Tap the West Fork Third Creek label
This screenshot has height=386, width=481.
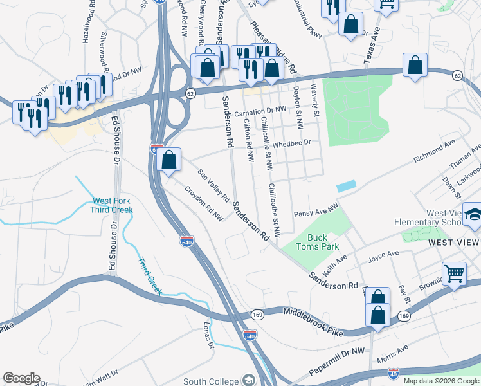(x=113, y=205)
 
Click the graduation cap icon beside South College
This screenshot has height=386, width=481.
(x=248, y=380)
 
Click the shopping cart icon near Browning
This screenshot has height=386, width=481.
(x=454, y=273)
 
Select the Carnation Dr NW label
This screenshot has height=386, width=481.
(x=260, y=111)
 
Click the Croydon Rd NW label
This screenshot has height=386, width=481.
(x=204, y=204)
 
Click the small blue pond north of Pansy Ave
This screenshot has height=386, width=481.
(x=345, y=185)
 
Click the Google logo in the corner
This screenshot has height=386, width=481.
(x=21, y=378)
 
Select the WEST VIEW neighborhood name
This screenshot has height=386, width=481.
(x=453, y=242)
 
